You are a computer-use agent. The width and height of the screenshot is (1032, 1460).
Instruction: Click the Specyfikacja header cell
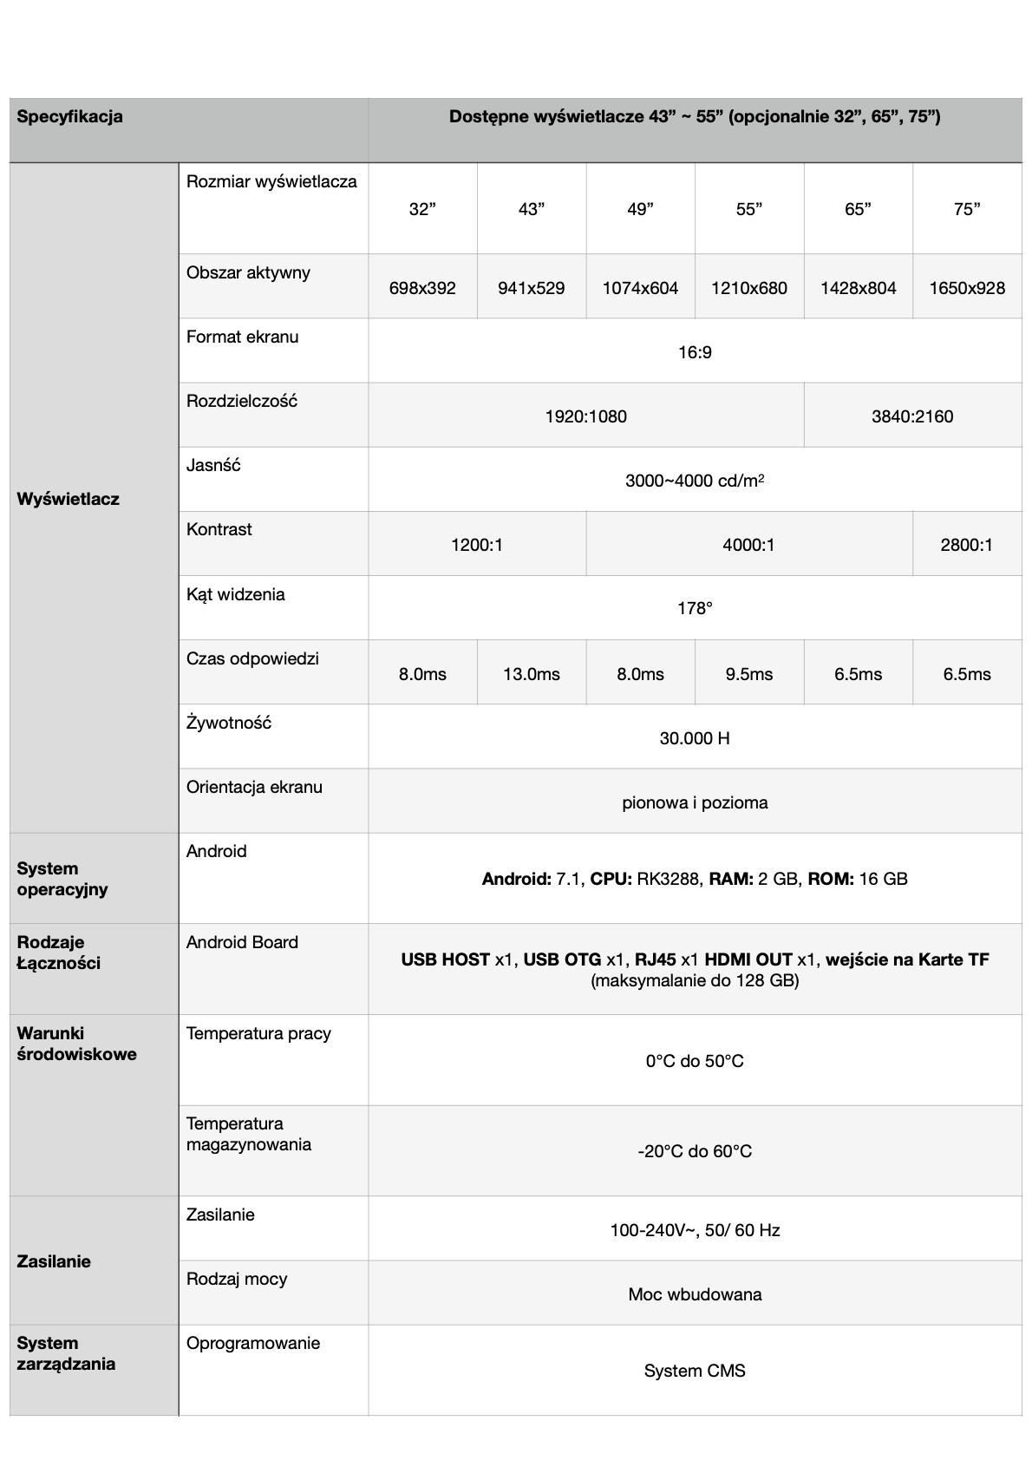[70, 117]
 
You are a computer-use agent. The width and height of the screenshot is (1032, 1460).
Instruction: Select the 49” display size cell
[640, 209]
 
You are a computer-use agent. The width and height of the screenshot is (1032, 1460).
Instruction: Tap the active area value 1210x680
[748, 288]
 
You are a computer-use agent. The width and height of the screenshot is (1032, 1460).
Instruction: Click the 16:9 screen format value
[695, 352]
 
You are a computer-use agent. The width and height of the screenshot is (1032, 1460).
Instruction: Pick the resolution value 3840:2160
[912, 416]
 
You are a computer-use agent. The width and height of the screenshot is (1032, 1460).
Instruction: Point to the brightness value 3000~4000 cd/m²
[695, 481]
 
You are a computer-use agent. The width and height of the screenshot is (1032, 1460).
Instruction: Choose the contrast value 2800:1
[966, 545]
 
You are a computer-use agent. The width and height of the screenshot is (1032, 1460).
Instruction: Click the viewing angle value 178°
[695, 609]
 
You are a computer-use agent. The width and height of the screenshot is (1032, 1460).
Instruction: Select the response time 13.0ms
[532, 674]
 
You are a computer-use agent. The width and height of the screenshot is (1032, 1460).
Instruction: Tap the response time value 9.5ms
[748, 674]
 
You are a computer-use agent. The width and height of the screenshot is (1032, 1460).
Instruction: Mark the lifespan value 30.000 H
[695, 738]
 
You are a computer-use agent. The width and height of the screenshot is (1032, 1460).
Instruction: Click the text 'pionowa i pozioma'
[695, 802]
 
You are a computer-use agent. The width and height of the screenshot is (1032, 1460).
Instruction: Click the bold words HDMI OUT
[748, 959]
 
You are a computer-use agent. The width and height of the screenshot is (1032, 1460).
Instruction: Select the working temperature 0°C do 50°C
[695, 1061]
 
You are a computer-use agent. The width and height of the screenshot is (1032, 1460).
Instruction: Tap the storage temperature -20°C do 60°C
[695, 1151]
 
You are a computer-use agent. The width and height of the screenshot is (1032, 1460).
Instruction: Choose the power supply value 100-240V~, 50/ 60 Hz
[695, 1230]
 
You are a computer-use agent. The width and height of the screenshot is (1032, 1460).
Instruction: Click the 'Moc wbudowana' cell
[695, 1294]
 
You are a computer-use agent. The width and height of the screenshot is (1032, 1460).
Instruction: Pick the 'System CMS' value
[695, 1371]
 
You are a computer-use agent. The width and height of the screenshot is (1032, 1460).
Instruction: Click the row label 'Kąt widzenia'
[236, 595]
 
